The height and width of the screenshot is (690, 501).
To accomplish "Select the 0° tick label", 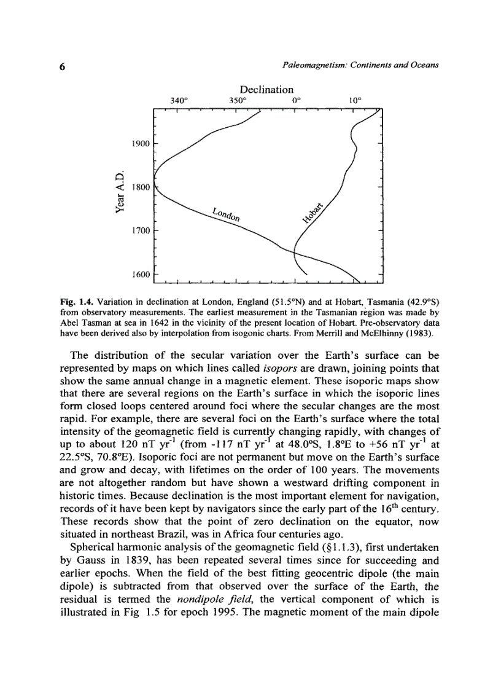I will pos(297,100).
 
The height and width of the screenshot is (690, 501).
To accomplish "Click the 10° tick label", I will pos(355,100).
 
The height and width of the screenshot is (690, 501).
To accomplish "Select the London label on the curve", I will pos(226,213).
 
